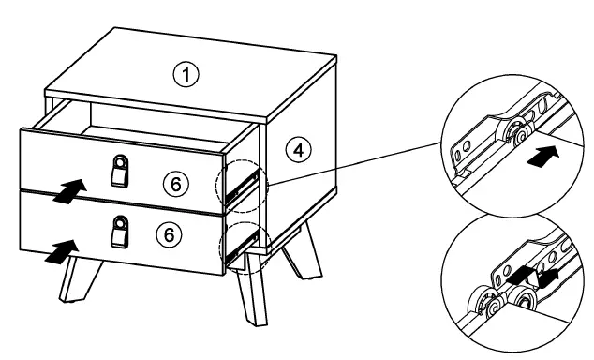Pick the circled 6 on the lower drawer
point(170,234)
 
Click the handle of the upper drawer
point(119,172)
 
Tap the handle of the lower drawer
point(119,231)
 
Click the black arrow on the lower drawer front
point(59,250)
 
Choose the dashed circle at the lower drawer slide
point(242,245)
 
